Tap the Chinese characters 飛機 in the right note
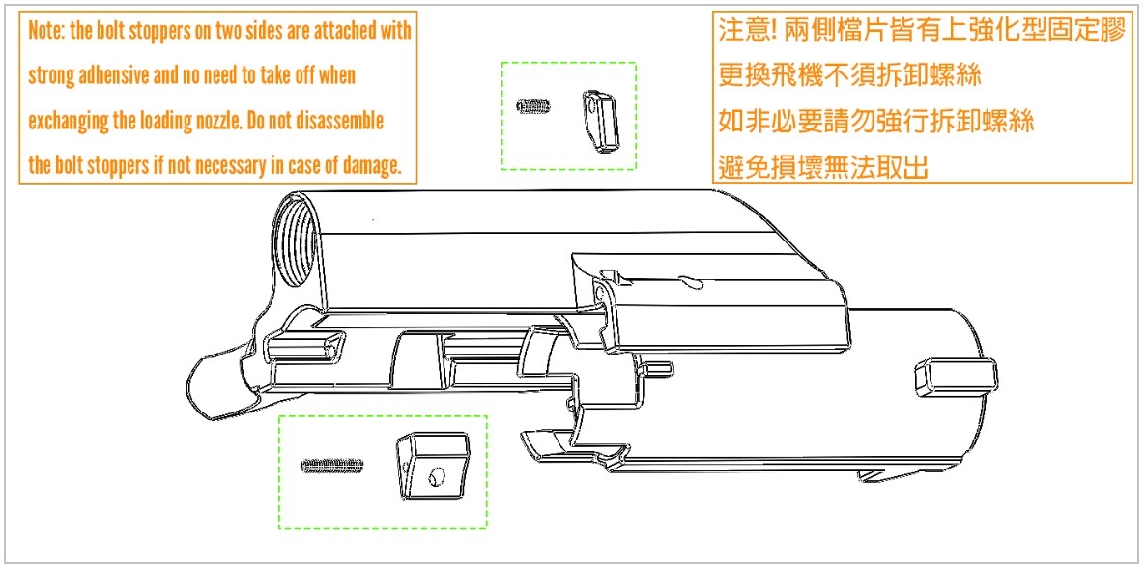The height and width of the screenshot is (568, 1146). pyautogui.click(x=805, y=74)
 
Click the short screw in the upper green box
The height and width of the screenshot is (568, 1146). pyautogui.click(x=532, y=106)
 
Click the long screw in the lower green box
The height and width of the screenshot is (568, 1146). pyautogui.click(x=333, y=467)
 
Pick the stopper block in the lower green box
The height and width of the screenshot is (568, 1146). pyautogui.click(x=432, y=468)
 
